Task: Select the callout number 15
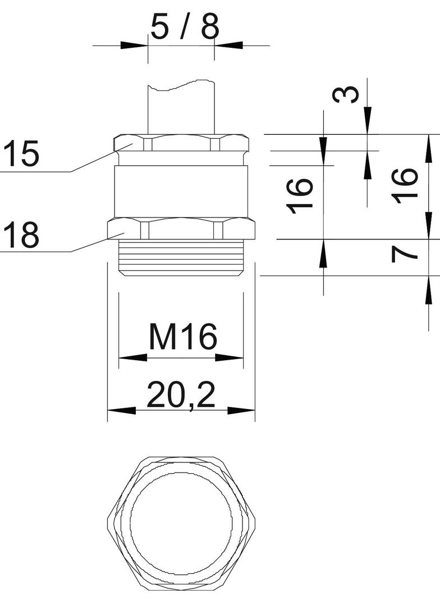point(22,153)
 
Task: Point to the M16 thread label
point(183,337)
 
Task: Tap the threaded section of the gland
point(181,258)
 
